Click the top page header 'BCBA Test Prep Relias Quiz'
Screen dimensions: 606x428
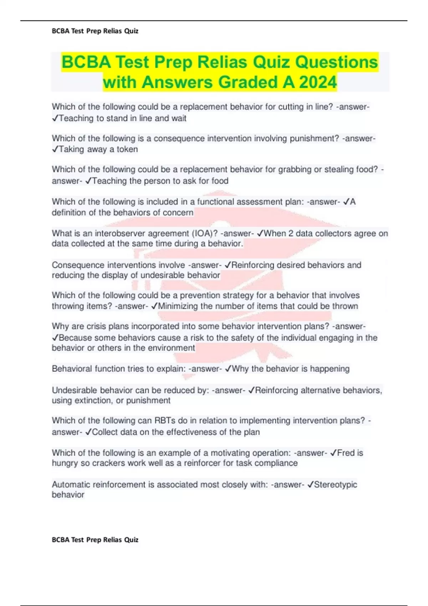point(95,31)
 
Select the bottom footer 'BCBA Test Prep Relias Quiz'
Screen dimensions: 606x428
point(95,540)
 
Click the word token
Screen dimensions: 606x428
point(127,149)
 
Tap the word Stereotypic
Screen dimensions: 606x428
point(335,484)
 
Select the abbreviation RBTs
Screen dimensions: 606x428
point(165,421)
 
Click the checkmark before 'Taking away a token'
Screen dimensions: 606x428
point(55,149)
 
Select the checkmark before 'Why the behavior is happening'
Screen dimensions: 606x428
point(228,369)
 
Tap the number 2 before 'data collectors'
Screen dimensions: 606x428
point(291,233)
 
